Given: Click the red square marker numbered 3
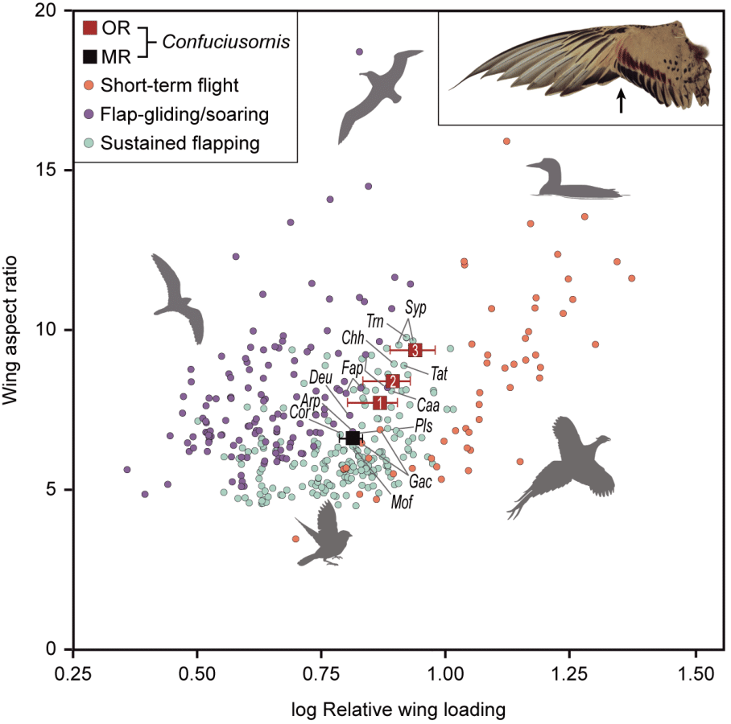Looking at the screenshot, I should (x=415, y=350).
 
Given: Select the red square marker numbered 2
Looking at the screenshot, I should (x=392, y=381).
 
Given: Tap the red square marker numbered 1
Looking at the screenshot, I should (x=379, y=402).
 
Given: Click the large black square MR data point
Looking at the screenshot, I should (x=352, y=437).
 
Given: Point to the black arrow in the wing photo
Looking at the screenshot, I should (x=621, y=101).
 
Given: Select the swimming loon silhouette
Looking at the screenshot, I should (x=568, y=181).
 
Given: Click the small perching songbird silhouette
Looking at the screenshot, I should (x=330, y=531).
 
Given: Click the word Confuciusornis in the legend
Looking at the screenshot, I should (x=210, y=42).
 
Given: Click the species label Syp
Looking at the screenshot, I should (x=415, y=307).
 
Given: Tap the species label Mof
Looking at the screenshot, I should (x=402, y=504).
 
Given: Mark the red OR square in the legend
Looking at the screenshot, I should (x=91, y=27).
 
